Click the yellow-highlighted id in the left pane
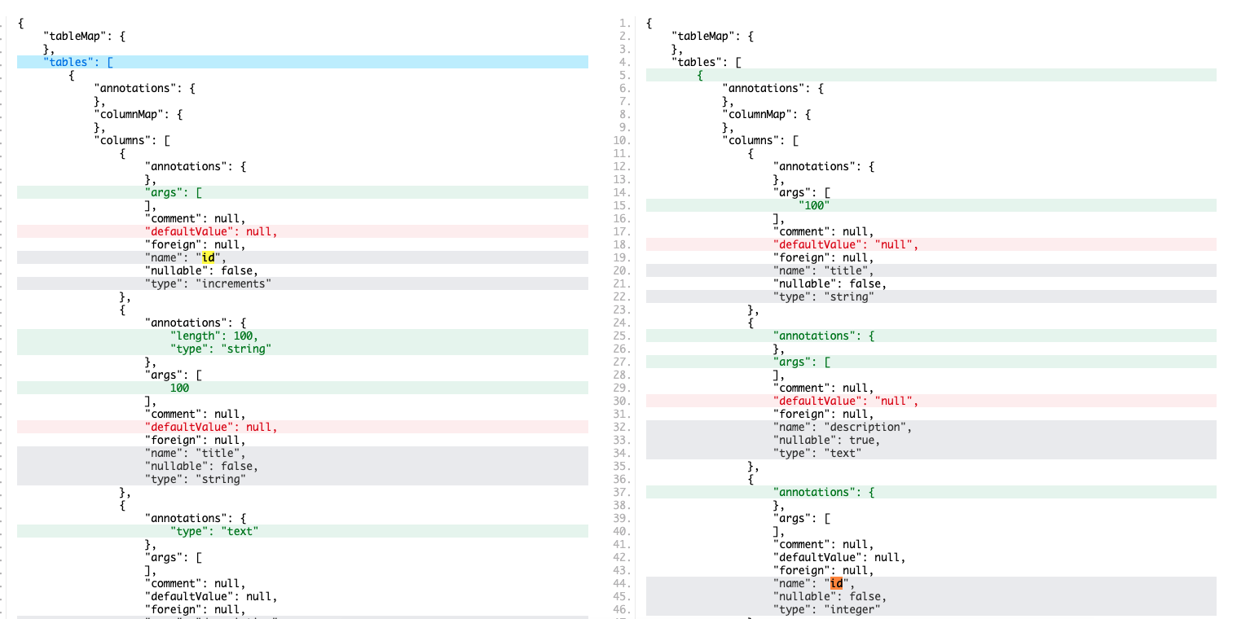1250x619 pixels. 208,257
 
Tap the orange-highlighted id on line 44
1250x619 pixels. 836,583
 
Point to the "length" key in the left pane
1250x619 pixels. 196,336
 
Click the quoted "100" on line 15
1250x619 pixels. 815,205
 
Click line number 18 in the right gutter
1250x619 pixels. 626,244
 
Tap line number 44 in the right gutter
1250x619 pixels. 626,583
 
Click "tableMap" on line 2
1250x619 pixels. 702,36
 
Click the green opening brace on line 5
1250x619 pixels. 700,75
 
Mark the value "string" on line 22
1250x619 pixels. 848,296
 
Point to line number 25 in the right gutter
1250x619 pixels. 626,336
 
